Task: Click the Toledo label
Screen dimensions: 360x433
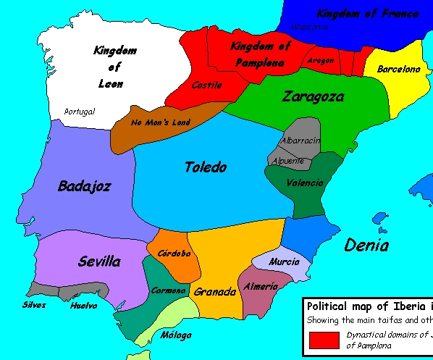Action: coord(206,167)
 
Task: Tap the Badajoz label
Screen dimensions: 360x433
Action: coord(84,187)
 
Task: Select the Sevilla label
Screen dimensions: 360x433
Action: coord(99,261)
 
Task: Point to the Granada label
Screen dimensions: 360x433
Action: coord(215,292)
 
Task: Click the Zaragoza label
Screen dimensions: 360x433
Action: coord(313,96)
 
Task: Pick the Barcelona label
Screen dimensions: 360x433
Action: coord(398,70)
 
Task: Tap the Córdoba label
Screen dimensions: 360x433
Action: coord(174,254)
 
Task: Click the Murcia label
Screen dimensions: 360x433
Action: coord(284,261)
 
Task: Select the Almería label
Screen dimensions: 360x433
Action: coord(261,287)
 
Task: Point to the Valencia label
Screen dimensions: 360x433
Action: coord(305,183)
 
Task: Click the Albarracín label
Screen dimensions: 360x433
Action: coord(300,140)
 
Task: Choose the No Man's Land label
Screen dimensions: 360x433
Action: coord(161,122)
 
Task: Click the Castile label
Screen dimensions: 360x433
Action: coord(206,85)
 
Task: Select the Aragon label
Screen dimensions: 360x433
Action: coord(320,61)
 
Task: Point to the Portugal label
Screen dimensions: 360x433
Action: coord(79,112)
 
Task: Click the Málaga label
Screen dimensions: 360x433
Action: coord(177,335)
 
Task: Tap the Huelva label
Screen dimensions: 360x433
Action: coord(84,306)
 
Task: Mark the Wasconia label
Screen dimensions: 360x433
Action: coord(309,28)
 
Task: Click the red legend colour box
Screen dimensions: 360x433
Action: coord(324,340)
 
